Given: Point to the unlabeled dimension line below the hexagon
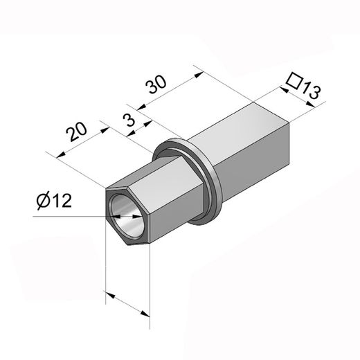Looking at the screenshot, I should click(x=128, y=305).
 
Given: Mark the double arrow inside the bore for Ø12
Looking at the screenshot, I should click(x=127, y=216).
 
